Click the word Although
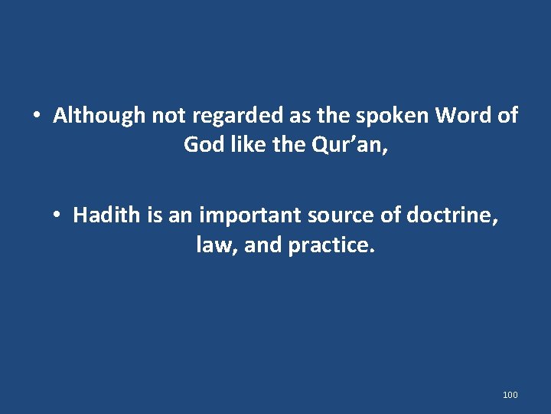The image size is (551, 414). [99, 116]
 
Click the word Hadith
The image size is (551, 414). [107, 215]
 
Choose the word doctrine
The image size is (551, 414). [452, 215]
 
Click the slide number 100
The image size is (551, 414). [510, 395]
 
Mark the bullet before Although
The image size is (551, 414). [36, 117]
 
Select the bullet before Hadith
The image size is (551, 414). [57, 216]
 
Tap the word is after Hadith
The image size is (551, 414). [155, 215]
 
